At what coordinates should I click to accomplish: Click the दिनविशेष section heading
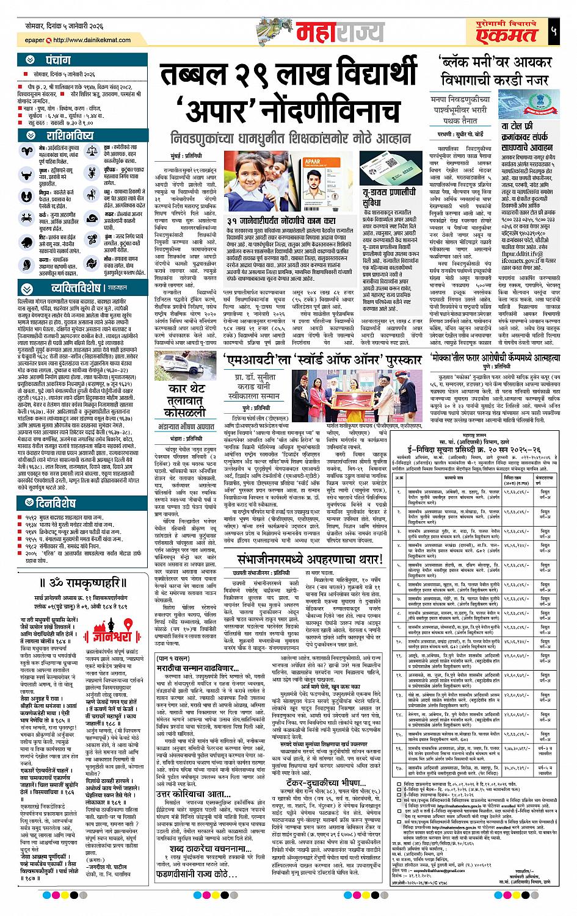click(x=56, y=503)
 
